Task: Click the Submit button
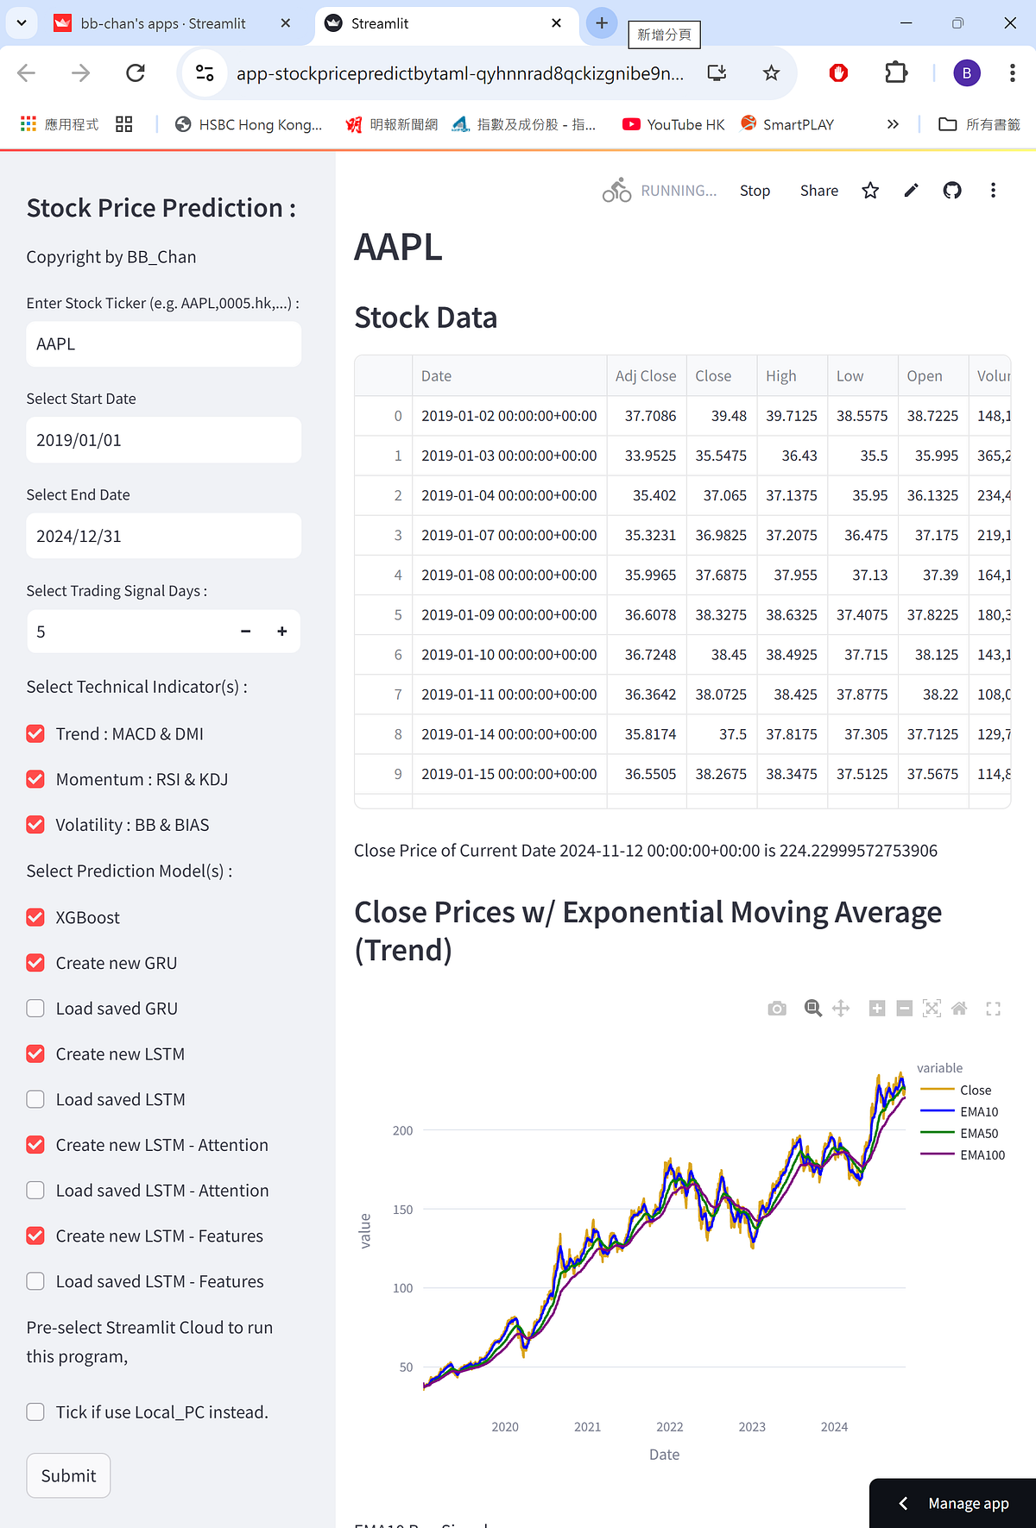(x=68, y=1475)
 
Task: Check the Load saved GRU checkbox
(x=35, y=1009)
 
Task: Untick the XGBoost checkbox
(x=35, y=917)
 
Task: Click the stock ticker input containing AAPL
(x=163, y=344)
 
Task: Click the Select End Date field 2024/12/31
(x=163, y=536)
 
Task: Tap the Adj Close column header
(x=645, y=376)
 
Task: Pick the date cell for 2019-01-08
(x=509, y=575)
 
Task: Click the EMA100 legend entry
(x=982, y=1155)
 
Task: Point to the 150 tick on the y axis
(x=402, y=1210)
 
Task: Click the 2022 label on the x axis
(x=669, y=1427)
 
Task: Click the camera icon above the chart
(x=777, y=1009)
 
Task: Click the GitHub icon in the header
(x=952, y=191)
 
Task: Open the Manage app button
(x=954, y=1503)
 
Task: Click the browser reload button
(x=136, y=73)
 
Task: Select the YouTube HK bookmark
(x=674, y=124)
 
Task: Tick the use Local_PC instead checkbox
(x=35, y=1412)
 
